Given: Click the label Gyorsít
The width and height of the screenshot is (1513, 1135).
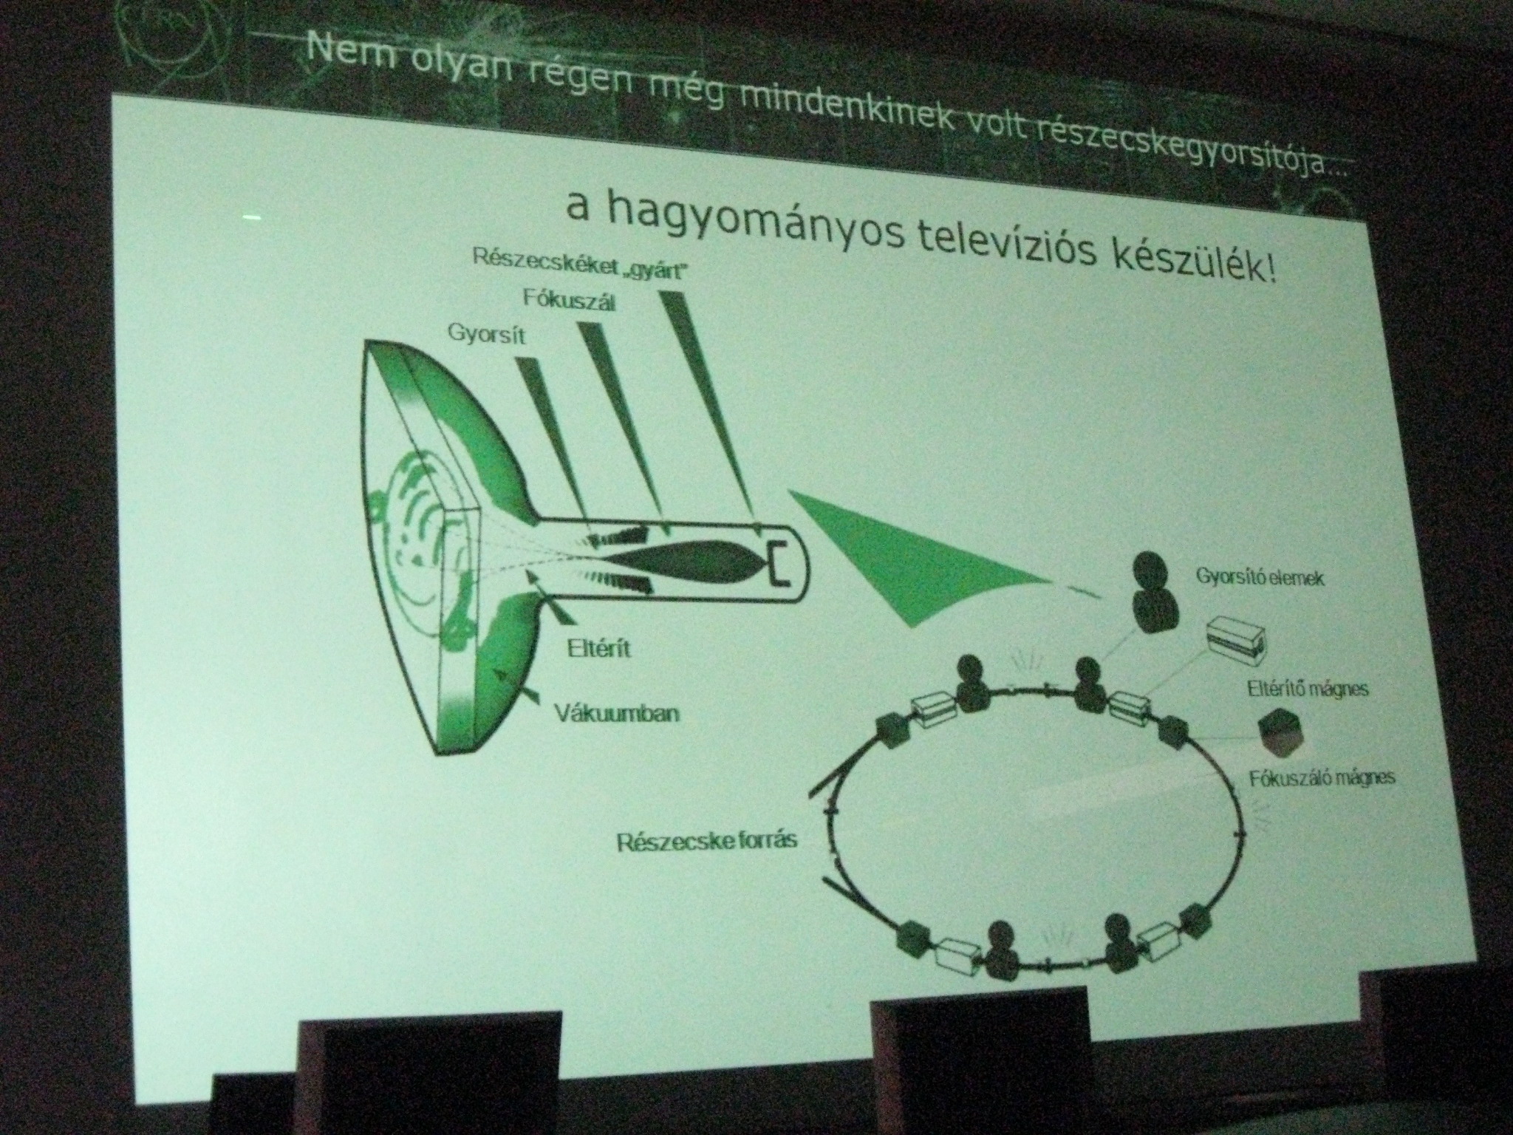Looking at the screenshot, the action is point(485,333).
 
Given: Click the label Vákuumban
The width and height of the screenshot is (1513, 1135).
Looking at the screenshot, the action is point(615,715).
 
